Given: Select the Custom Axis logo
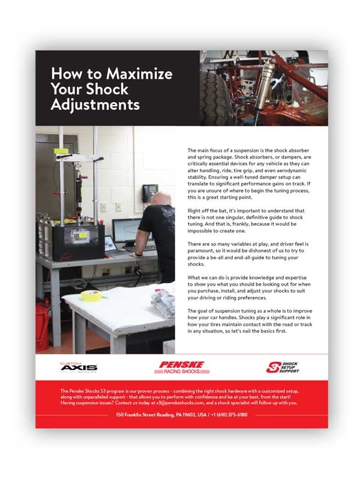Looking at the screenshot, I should (x=78, y=367).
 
